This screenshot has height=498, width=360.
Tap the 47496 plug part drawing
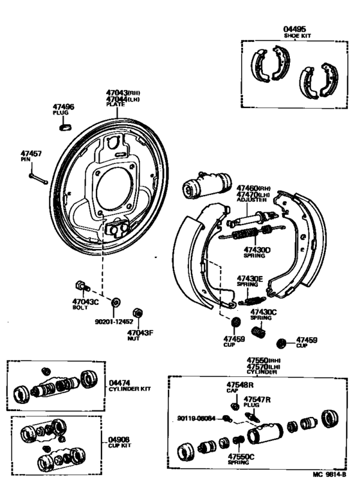click(64, 126)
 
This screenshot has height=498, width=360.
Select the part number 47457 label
click(31, 154)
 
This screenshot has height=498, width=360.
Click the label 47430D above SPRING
click(257, 249)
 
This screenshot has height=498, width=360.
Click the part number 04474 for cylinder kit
click(120, 382)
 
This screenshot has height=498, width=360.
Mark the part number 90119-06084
click(196, 418)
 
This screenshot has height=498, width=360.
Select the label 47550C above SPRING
click(241, 456)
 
